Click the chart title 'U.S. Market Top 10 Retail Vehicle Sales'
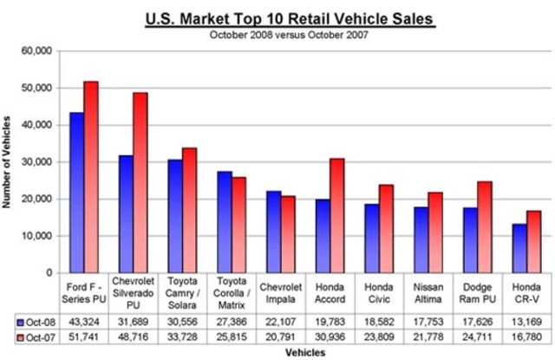pos(290,16)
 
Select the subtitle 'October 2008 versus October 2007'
pos(290,35)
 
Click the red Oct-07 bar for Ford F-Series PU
pos(91,177)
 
